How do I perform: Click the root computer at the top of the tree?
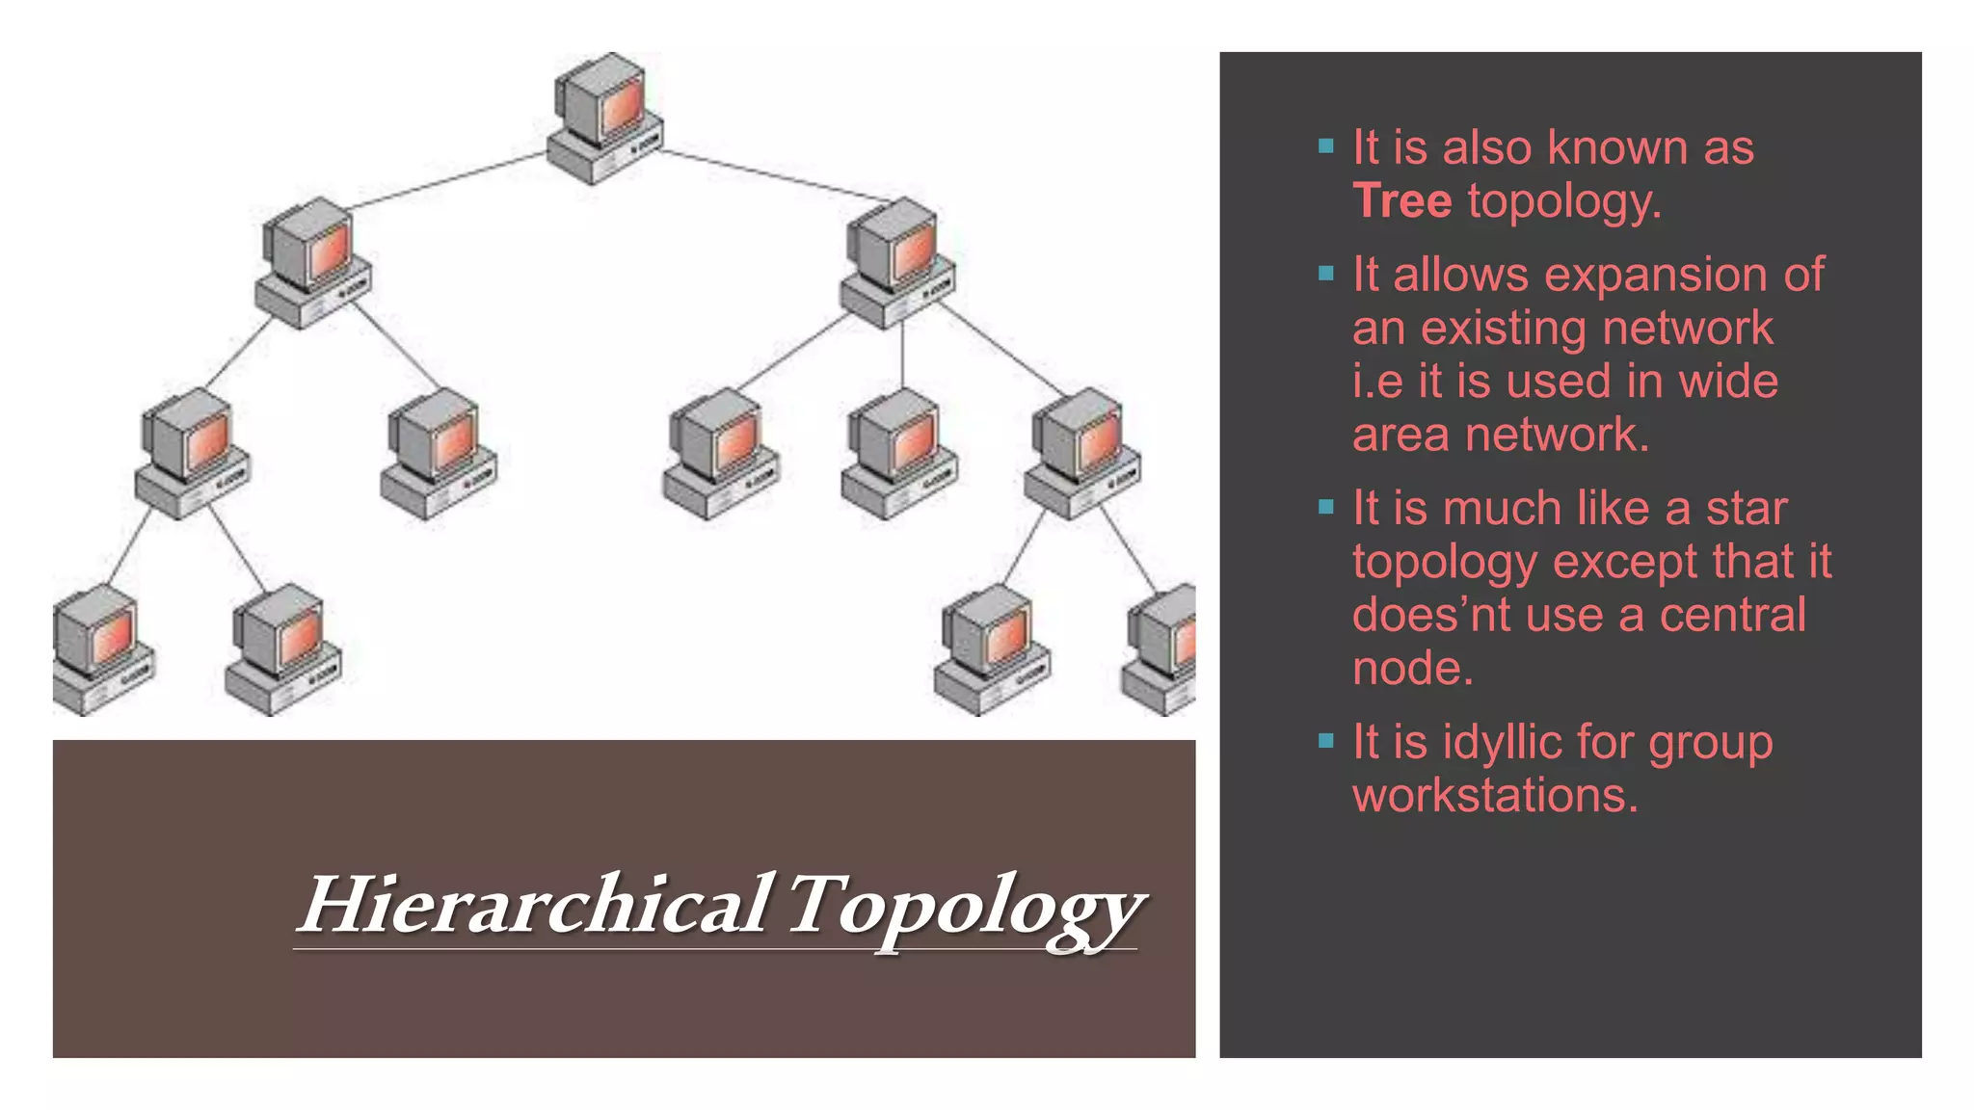pyautogui.click(x=604, y=118)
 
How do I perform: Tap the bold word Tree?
pyautogui.click(x=1401, y=200)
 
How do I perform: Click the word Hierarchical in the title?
pyautogui.click(x=536, y=904)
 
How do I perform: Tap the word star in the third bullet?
pyautogui.click(x=1747, y=509)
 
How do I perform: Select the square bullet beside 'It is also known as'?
pyautogui.click(x=1326, y=147)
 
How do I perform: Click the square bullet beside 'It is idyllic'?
pyautogui.click(x=1326, y=741)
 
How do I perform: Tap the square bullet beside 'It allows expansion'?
pyautogui.click(x=1326, y=275)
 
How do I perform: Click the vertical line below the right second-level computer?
pyautogui.click(x=902, y=357)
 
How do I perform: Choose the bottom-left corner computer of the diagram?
pyautogui.click(x=101, y=650)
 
